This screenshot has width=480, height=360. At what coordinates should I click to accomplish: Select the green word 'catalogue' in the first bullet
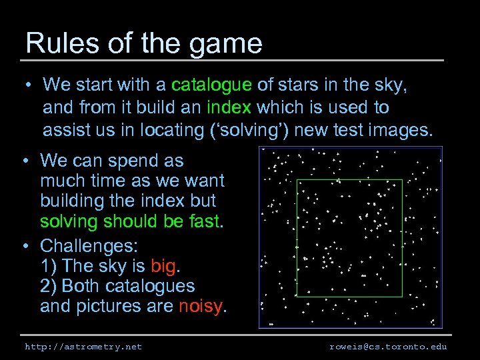(211, 85)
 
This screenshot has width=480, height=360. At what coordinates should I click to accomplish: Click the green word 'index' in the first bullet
(229, 107)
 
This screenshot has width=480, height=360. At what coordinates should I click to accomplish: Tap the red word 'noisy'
(202, 307)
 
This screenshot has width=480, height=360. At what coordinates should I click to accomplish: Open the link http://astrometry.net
(83, 347)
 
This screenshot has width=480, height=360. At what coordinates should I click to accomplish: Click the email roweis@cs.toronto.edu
(388, 347)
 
